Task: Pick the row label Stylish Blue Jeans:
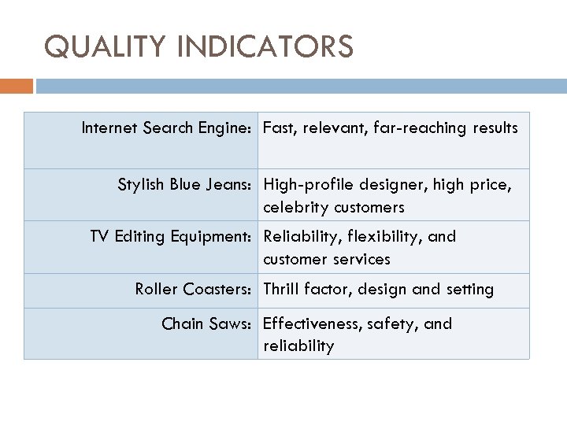pyautogui.click(x=185, y=186)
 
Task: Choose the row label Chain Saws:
pyautogui.click(x=207, y=323)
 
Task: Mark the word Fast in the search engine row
pyautogui.click(x=279, y=128)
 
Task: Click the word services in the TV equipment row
pyautogui.click(x=361, y=259)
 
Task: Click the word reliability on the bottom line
pyautogui.click(x=298, y=346)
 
